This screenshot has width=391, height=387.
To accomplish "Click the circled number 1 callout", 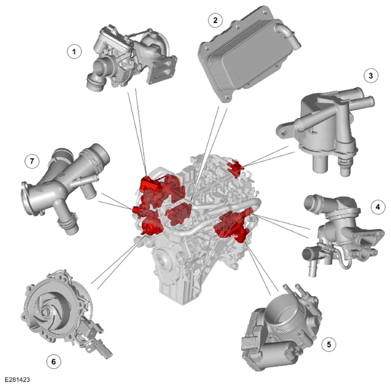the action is [x=74, y=51].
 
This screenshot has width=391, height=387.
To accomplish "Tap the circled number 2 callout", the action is [x=215, y=20].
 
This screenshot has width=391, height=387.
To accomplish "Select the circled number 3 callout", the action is [x=371, y=76].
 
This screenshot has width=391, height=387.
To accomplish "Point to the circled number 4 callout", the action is [x=378, y=206].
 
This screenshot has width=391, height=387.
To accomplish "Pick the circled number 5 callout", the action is [x=329, y=344].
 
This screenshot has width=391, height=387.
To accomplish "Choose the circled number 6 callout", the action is [x=54, y=361].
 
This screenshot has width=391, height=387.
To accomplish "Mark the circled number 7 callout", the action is [x=32, y=161].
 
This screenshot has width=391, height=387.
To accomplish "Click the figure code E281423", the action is [x=18, y=379].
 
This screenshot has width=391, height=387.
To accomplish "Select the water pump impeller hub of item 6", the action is [x=45, y=312].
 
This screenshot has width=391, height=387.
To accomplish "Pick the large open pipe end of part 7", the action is [x=99, y=153].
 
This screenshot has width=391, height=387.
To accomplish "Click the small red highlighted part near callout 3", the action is [x=235, y=167].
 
